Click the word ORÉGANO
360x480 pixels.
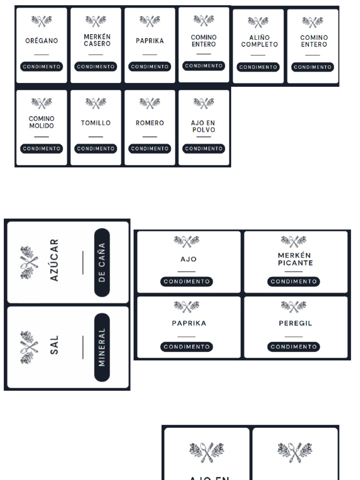tap(42, 40)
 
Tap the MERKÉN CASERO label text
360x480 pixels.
tap(97, 40)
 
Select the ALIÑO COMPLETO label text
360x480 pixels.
tap(259, 41)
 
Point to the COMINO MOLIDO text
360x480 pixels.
tap(42, 122)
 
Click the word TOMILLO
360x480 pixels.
tap(96, 123)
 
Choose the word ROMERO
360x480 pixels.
tap(150, 123)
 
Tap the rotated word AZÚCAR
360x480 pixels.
tap(54, 260)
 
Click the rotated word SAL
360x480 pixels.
tap(54, 345)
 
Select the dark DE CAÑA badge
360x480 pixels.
tap(102, 262)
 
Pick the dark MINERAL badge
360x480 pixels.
tap(102, 347)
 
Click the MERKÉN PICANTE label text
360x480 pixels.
tap(295, 259)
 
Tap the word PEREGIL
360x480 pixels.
tap(295, 323)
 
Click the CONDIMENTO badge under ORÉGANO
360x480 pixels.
tap(42, 67)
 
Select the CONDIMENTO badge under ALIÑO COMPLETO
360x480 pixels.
tap(258, 67)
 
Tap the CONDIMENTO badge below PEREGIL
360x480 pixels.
tap(293, 347)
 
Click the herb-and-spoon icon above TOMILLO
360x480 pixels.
tap(96, 103)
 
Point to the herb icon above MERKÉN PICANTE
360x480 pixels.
tap(293, 241)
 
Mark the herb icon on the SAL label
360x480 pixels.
tap(29, 347)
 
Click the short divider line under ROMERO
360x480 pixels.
tap(150, 137)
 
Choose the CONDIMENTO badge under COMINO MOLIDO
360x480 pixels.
tap(42, 149)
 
